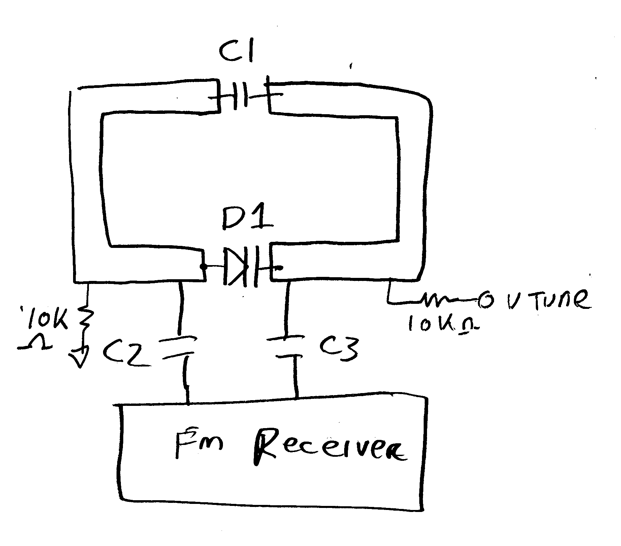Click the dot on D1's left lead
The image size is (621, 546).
pyautogui.click(x=203, y=267)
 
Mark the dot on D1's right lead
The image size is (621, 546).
pyautogui.click(x=279, y=268)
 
